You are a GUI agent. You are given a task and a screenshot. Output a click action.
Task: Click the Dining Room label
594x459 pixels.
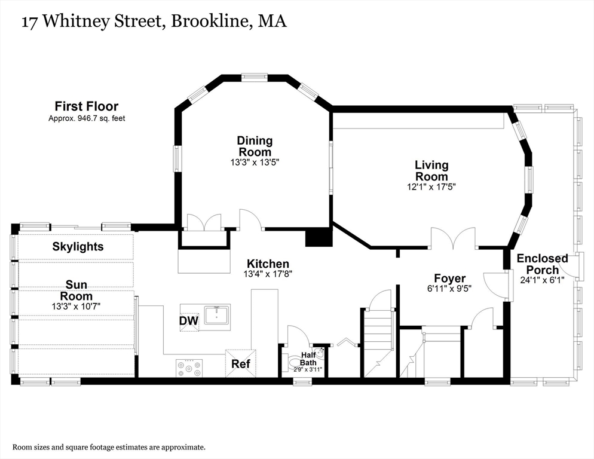pyautogui.click(x=255, y=146)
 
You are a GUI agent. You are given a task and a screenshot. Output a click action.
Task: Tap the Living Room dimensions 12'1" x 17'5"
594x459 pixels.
pyautogui.click(x=431, y=187)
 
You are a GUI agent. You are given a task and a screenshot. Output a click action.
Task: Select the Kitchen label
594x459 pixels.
pyautogui.click(x=268, y=264)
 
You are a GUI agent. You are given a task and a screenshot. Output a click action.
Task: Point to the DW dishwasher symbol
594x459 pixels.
pyautogui.click(x=189, y=320)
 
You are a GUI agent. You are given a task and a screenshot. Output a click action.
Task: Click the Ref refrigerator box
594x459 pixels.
pyautogui.click(x=240, y=363)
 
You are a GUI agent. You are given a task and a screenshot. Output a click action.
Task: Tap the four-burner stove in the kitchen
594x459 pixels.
pyautogui.click(x=189, y=367)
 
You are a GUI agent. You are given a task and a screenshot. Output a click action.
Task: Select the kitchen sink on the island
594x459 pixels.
pyautogui.click(x=216, y=314)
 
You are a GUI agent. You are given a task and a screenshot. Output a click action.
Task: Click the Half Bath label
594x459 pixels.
pyautogui.click(x=308, y=359)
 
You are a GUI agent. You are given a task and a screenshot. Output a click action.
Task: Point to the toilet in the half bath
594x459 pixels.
pyautogui.click(x=295, y=362)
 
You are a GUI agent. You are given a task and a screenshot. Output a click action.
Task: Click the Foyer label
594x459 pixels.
pyautogui.click(x=449, y=278)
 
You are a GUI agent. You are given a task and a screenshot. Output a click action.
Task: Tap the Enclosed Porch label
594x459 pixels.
pyautogui.click(x=542, y=264)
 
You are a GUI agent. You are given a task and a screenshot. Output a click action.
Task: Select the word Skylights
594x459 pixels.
pyautogui.click(x=78, y=246)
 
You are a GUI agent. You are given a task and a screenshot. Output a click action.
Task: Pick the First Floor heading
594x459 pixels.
pyautogui.click(x=87, y=106)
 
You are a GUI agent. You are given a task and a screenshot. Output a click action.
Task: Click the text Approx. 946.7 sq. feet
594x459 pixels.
pyautogui.click(x=87, y=118)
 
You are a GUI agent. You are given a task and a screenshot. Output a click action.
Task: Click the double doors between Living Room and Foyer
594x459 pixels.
pyautogui.click(x=454, y=238)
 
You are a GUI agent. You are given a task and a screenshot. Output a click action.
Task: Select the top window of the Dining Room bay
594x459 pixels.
pyautogui.click(x=254, y=77)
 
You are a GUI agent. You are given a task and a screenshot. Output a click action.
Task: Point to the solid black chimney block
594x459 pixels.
pyautogui.click(x=318, y=237)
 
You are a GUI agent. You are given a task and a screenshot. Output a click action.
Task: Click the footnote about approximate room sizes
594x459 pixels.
pyautogui.click(x=109, y=446)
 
